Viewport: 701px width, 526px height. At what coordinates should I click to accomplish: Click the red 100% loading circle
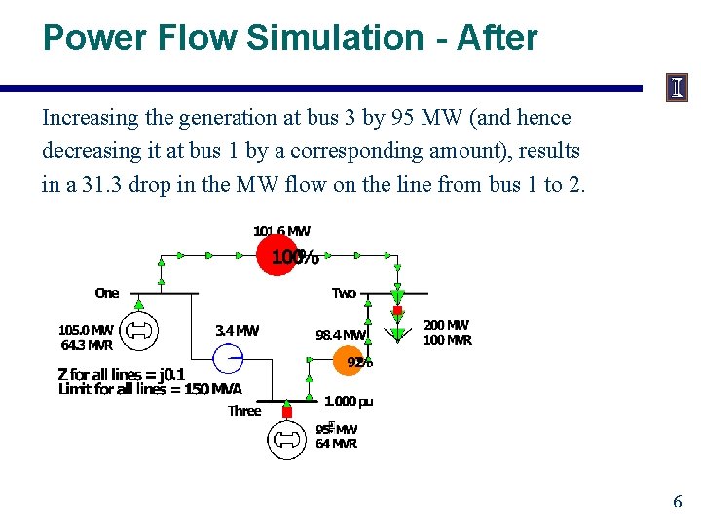(x=277, y=257)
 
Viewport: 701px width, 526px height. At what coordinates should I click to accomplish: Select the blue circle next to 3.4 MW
(x=231, y=359)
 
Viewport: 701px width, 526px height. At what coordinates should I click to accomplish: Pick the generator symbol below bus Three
(x=287, y=439)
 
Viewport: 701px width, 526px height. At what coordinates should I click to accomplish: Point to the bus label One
(x=107, y=293)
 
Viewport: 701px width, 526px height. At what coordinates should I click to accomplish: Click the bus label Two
(x=344, y=293)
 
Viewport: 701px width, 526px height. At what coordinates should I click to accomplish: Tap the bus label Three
(x=244, y=411)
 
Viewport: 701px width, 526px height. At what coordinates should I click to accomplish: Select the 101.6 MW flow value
(x=281, y=231)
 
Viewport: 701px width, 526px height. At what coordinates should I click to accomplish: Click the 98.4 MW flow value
(x=340, y=335)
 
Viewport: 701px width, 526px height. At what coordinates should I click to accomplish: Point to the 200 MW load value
(x=447, y=325)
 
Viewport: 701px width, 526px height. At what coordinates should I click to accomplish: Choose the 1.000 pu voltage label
(x=349, y=401)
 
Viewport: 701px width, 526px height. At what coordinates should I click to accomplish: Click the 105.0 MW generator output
(x=86, y=330)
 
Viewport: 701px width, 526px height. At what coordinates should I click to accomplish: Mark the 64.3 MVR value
(x=87, y=345)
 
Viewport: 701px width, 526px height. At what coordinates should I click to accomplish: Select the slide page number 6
(x=678, y=503)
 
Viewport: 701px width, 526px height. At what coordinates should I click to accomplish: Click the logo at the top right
(x=677, y=88)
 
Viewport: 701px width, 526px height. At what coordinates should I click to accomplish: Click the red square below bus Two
(x=397, y=312)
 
